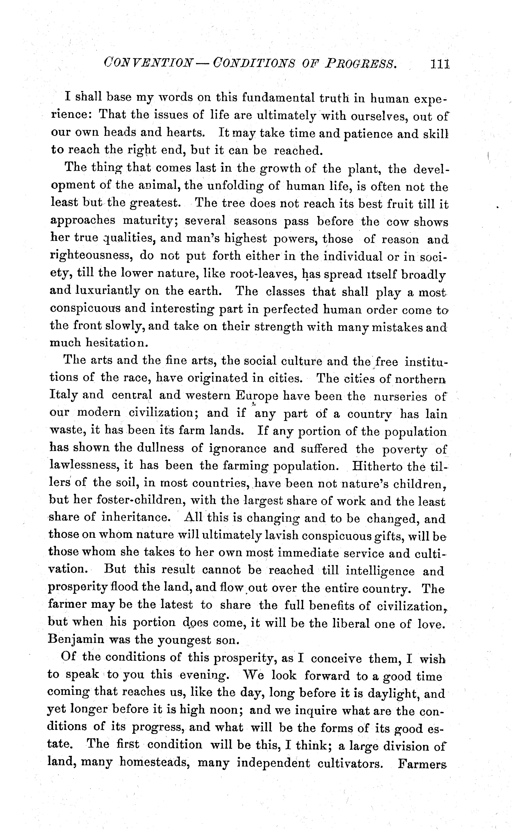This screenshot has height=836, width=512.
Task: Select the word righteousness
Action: (91, 256)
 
